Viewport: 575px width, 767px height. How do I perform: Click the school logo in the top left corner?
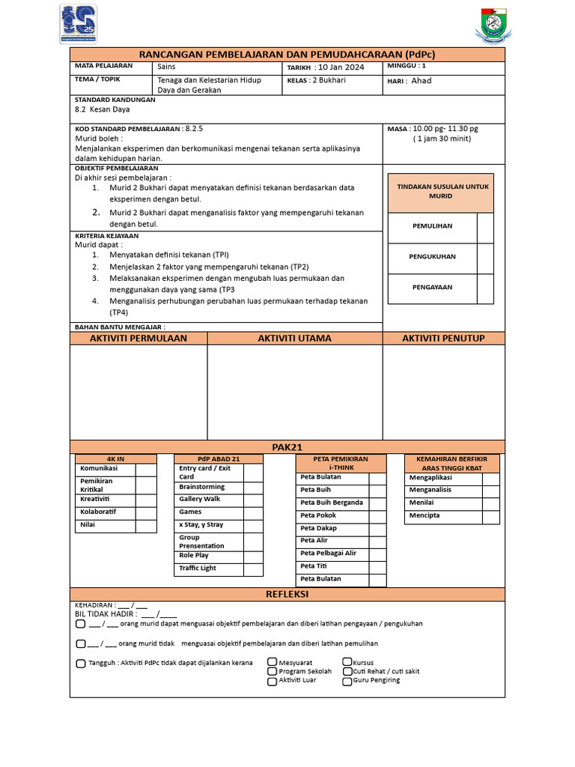point(79,25)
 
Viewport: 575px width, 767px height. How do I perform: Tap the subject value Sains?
point(166,67)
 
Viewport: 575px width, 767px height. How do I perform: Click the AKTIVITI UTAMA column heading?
point(294,339)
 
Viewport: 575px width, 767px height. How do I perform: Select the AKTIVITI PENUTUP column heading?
point(443,339)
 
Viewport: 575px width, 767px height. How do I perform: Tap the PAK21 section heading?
point(287,447)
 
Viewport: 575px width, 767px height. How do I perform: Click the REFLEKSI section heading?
point(287,594)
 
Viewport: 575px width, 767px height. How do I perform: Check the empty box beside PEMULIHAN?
point(485,226)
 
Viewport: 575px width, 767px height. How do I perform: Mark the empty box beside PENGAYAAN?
point(485,288)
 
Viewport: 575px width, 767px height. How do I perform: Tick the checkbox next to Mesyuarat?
point(273,663)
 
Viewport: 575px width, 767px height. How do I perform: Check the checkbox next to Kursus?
point(347,662)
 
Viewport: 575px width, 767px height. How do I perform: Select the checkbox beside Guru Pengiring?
point(347,681)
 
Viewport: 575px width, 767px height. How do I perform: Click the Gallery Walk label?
point(200,500)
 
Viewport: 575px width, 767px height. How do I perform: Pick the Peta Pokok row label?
point(318,515)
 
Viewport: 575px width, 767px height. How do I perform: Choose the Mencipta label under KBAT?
point(425,515)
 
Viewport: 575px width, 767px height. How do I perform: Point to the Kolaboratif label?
point(98,512)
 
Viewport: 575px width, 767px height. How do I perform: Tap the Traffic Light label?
point(198,569)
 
